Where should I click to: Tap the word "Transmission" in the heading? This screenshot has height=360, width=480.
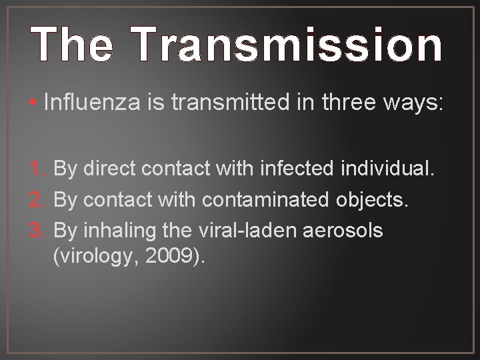(x=289, y=45)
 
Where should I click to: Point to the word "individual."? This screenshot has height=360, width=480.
(x=389, y=169)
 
